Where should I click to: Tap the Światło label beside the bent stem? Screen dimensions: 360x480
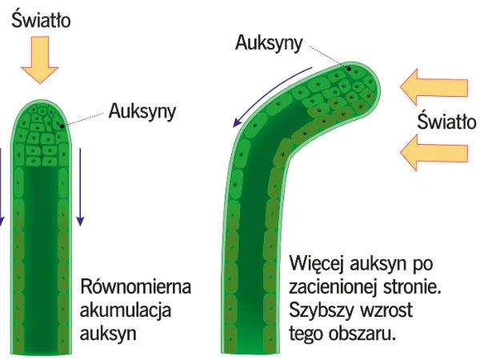(x=447, y=124)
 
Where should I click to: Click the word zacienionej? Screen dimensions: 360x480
(x=334, y=287)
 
